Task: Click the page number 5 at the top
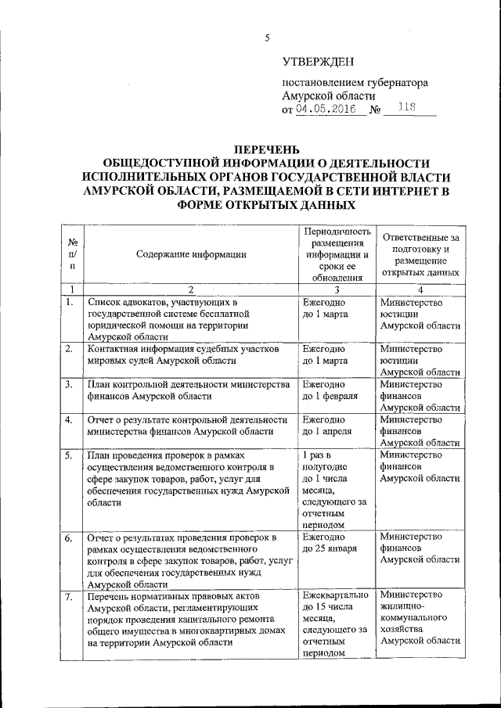click(267, 38)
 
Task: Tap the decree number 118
click(406, 109)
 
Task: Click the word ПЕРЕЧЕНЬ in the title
click(265, 149)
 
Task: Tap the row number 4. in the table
click(70, 420)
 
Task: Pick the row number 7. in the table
click(70, 598)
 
